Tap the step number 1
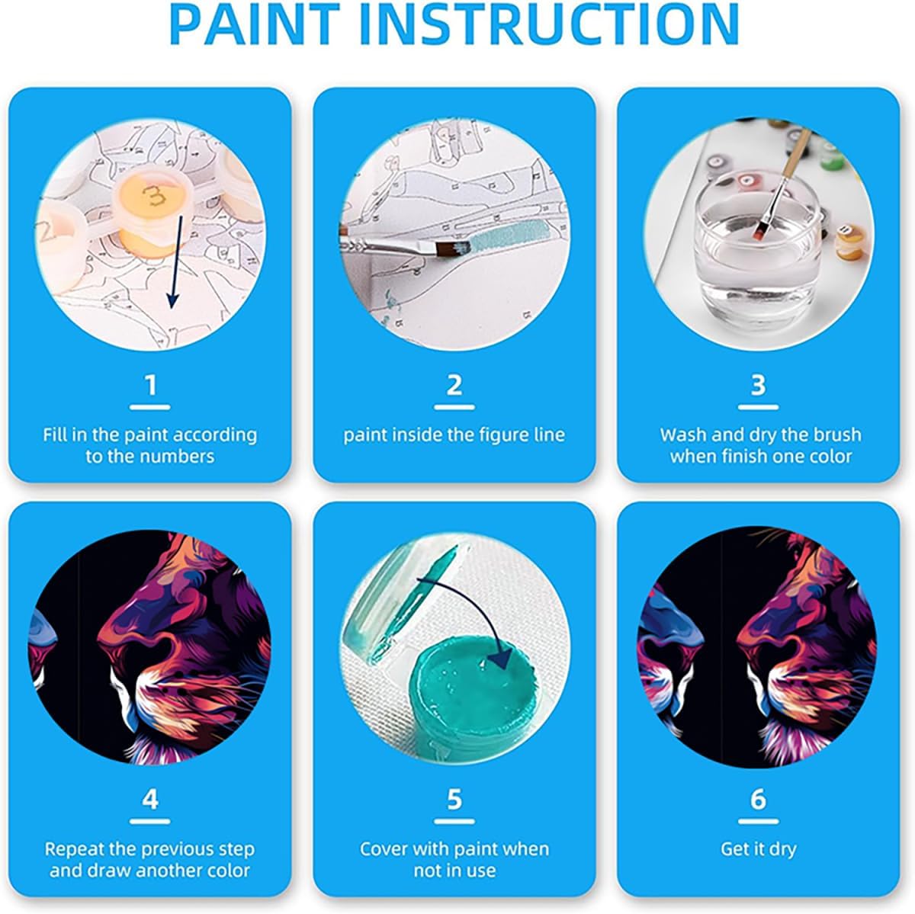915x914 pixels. (150, 385)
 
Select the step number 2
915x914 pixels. (454, 385)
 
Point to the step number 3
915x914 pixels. (758, 385)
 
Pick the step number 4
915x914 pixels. (150, 799)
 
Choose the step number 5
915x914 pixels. (454, 799)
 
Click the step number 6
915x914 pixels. (758, 799)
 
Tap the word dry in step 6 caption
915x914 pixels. (782, 849)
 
